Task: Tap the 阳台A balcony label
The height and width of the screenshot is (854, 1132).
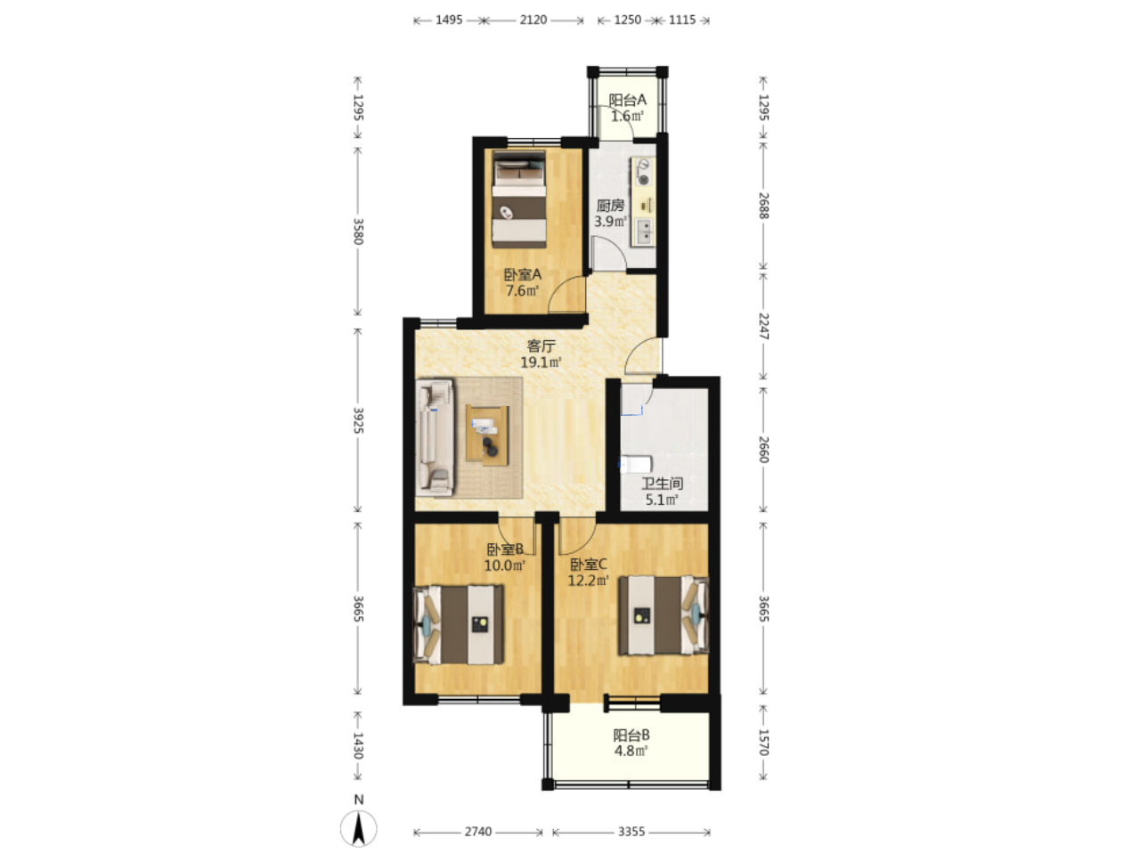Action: [627, 100]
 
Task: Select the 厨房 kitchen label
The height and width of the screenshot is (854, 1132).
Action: [610, 206]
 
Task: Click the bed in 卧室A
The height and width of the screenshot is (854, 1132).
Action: [518, 199]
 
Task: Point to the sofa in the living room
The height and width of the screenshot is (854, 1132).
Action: [435, 437]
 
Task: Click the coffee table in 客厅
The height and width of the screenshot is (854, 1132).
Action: [487, 435]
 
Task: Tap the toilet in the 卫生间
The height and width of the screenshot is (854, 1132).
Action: [635, 464]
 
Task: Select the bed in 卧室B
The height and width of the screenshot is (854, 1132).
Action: [459, 624]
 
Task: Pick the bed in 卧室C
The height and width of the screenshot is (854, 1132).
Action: [664, 615]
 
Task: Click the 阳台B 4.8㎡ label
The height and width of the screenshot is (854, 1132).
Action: [631, 743]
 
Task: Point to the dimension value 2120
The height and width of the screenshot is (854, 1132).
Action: [533, 20]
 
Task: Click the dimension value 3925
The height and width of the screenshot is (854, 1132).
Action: [358, 420]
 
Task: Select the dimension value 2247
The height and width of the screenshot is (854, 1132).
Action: [763, 326]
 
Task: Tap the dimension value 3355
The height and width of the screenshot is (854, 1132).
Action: [631, 832]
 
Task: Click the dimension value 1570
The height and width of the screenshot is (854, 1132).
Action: [763, 743]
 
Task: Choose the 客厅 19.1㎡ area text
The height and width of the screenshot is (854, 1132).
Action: [541, 354]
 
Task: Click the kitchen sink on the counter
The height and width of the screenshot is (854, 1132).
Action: [644, 232]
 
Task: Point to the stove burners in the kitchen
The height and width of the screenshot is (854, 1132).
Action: [643, 172]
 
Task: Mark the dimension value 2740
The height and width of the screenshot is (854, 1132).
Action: [478, 832]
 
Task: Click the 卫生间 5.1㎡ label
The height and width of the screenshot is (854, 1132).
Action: [662, 492]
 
